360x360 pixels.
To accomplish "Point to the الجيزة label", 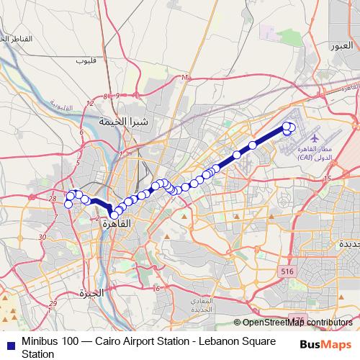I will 92,293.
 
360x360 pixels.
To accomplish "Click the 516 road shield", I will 287,271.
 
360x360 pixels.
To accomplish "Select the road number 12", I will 89,104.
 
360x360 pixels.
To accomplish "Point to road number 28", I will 53,198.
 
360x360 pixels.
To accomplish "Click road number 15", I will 328,178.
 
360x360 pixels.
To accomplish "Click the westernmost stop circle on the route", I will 68,204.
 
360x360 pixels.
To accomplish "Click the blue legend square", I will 8,341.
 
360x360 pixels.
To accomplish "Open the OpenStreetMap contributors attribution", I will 297,323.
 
